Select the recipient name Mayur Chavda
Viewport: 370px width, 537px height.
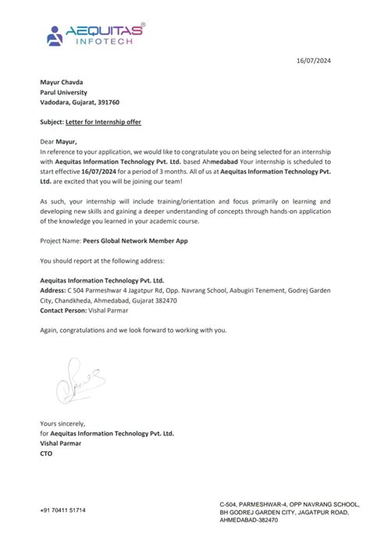(x=62, y=80)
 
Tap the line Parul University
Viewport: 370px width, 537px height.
(x=65, y=91)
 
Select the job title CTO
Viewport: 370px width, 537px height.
(x=46, y=453)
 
